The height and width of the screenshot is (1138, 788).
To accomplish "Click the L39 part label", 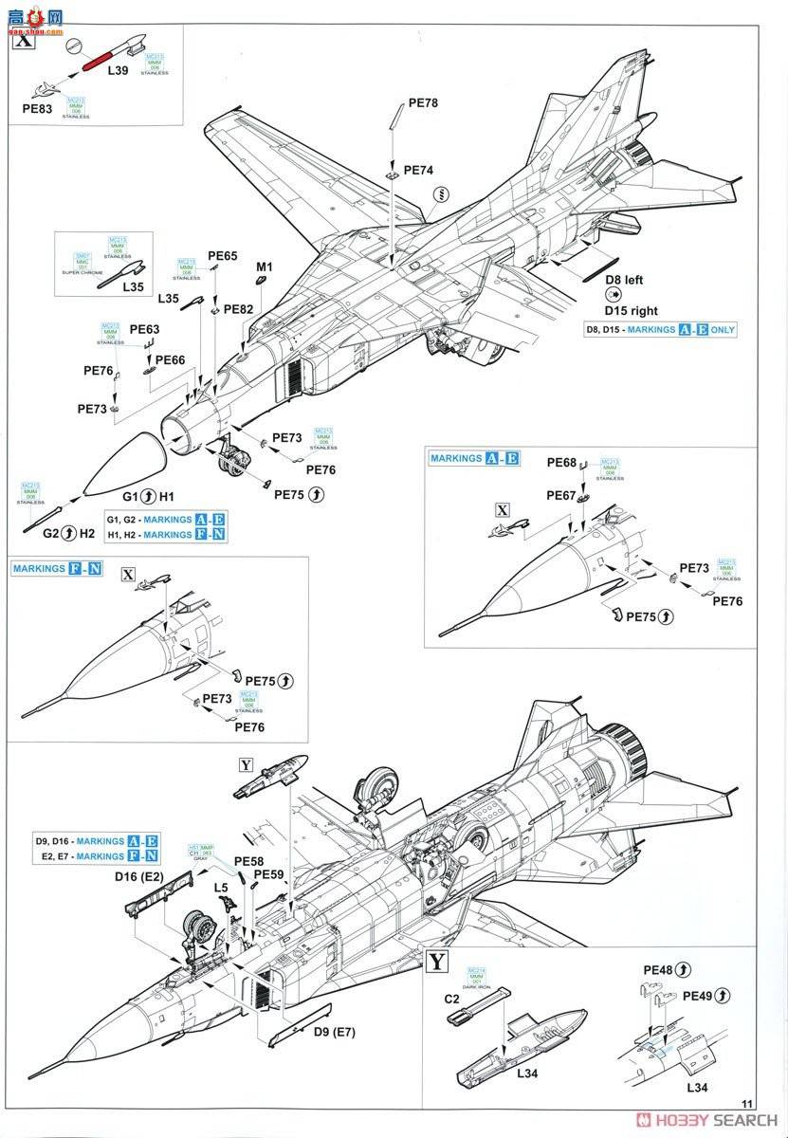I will pos(119,70).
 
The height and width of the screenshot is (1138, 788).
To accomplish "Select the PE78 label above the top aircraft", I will pos(424,103).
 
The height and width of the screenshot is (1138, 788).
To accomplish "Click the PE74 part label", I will pos(418,171).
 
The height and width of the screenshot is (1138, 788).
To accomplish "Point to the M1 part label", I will pos(265,267).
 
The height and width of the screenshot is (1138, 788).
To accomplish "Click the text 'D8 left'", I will pos(623,280).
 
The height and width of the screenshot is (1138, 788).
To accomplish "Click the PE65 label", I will pos(222,256).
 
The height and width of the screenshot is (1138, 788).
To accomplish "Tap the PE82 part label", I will pos(239,309).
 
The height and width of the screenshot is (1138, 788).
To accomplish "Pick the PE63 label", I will pos(145,329).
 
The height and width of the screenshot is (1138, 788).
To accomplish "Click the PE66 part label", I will pos(170,359).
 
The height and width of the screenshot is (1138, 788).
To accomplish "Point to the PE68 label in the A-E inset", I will pos(562,463).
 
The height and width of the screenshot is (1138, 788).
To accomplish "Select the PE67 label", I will pos(561,495).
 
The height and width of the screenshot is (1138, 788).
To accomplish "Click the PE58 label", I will pos(249,860).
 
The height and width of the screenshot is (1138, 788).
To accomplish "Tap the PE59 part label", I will pos(269,874).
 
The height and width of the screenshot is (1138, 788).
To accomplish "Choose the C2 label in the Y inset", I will pos(454,1000).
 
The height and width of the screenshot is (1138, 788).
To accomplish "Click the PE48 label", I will pos(659,970).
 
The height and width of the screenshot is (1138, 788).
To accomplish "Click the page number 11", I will pos(747,1103).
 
